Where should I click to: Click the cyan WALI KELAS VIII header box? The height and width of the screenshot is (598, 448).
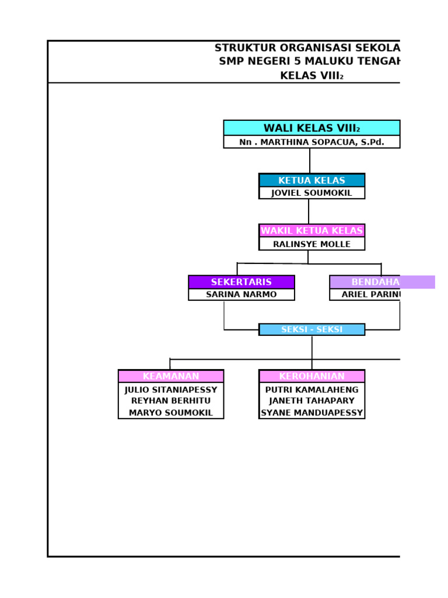311,128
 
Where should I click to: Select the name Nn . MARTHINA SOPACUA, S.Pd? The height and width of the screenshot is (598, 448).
311,142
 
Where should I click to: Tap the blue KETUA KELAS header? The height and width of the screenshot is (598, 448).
311,180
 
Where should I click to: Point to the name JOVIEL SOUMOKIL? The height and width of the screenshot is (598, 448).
311,193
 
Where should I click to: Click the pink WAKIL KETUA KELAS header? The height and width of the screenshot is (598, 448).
311,231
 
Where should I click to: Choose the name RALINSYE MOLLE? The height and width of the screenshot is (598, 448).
311,244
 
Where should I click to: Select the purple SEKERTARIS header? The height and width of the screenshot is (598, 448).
241,282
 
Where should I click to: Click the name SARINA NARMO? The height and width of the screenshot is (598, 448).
241,294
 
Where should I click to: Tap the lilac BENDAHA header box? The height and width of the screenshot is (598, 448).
381,282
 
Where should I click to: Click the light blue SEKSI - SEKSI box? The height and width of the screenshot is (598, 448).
311,329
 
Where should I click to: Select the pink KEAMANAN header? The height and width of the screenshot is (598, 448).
171,376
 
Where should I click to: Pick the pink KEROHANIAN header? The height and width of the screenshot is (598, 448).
311,376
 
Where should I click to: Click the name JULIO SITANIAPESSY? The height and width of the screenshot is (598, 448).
171,390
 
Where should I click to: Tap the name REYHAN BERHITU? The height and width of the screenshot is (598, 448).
171,401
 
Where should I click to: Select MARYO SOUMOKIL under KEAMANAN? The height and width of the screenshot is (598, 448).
171,412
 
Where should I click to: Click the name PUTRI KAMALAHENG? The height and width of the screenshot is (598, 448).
311,390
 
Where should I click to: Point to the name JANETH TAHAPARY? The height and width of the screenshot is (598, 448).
311,401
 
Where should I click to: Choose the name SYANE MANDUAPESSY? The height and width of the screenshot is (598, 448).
311,412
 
